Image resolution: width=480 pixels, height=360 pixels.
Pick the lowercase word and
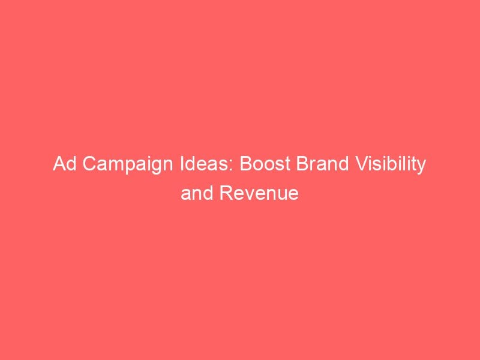[194, 194]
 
